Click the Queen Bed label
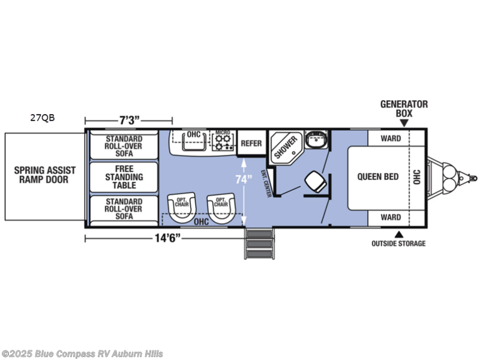pos(378,176)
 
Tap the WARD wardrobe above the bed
pos(391,138)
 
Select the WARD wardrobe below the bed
pos(391,217)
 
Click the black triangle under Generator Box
pos(404,123)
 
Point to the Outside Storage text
pos(398,244)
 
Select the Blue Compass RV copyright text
pos(82,354)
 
